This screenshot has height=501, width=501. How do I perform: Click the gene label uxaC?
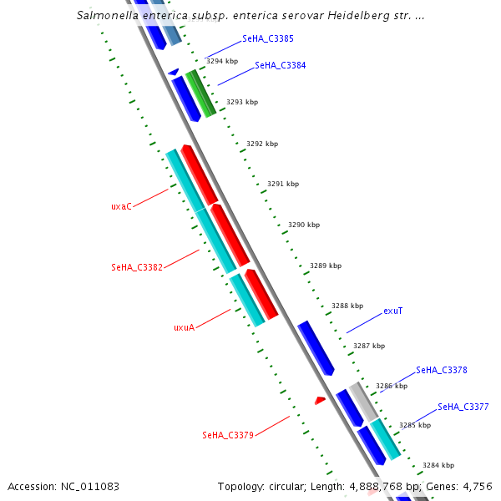pyautogui.click(x=121, y=206)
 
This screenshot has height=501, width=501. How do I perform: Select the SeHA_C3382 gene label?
pyautogui.click(x=136, y=267)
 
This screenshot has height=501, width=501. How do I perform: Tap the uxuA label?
pyautogui.click(x=184, y=327)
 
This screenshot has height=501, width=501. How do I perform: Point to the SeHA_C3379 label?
pyautogui.click(x=227, y=435)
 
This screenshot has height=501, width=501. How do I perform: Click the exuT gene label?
pyautogui.click(x=393, y=311)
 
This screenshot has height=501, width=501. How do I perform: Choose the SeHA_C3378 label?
pyautogui.click(x=441, y=370)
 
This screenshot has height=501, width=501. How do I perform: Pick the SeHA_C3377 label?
pyautogui.click(x=463, y=407)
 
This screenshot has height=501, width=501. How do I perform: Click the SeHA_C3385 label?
pyautogui.click(x=267, y=38)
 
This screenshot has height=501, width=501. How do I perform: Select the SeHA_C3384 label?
pyautogui.click(x=280, y=65)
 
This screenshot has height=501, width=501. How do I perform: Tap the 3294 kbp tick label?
pyautogui.click(x=222, y=61)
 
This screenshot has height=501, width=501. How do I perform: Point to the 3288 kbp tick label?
pyautogui.click(x=347, y=306)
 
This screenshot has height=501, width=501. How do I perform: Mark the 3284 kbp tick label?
pyautogui.click(x=438, y=465)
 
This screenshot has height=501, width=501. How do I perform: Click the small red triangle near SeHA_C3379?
pyautogui.click(x=320, y=401)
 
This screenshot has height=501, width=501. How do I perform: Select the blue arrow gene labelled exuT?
pyautogui.click(x=316, y=347)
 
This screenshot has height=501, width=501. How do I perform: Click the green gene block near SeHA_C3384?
pyautogui.click(x=200, y=93)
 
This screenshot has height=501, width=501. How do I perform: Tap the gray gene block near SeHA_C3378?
pyautogui.click(x=363, y=401)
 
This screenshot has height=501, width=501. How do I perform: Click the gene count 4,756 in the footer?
pyautogui.click(x=477, y=487)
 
